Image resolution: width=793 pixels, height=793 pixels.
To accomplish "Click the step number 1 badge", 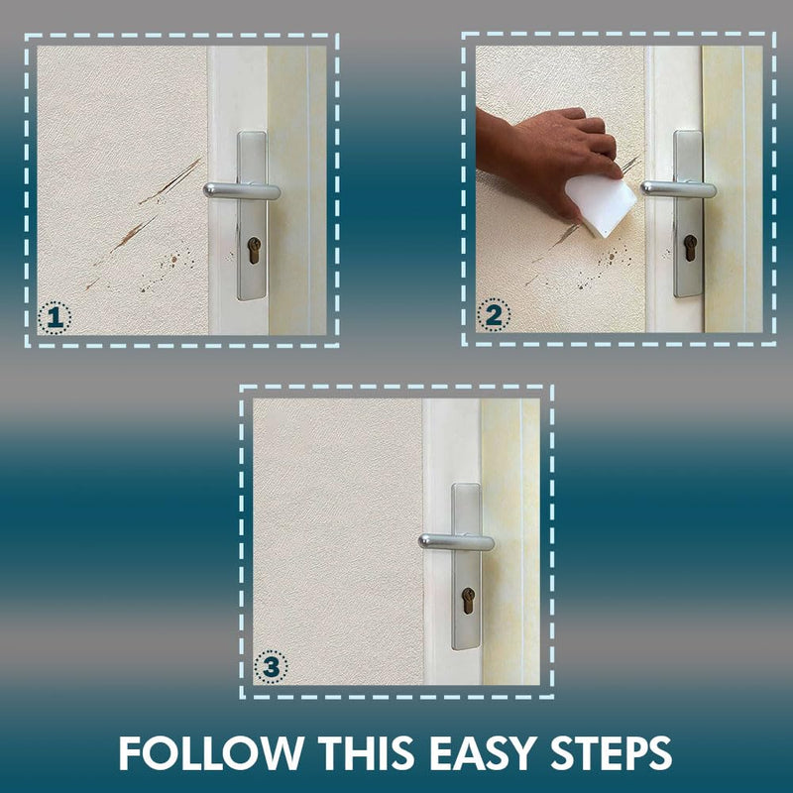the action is pos(55,318).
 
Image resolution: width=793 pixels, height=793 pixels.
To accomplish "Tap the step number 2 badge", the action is pos(493,315).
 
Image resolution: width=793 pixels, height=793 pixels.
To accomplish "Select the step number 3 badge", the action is pos(271,667).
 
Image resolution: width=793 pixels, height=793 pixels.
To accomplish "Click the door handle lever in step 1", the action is pos(242,190).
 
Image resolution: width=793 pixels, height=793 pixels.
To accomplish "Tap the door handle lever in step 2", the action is pos(679,188).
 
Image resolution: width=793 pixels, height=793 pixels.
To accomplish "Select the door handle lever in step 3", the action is pos(456,541).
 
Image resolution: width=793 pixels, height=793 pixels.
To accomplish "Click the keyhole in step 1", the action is pos(254,251).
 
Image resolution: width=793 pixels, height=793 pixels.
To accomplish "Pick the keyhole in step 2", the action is pos(690,248).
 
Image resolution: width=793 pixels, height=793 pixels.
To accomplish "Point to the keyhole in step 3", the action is pos(468,601).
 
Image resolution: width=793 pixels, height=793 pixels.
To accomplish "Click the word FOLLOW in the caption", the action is pos(211,753).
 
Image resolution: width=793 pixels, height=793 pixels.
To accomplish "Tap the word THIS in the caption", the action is pos(369,753).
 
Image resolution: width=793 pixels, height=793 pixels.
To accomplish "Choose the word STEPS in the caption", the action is pos(611,753).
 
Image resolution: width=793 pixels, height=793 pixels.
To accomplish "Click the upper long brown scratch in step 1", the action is pos(170,181).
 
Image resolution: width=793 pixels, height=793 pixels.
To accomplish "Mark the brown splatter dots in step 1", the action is pos(167,270).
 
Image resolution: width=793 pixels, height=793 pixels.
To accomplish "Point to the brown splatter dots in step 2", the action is pos(605,267).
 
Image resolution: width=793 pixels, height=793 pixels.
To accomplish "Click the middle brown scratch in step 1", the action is pos(133,233).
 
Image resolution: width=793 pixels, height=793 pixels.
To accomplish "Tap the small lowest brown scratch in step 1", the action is pos(91,283).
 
